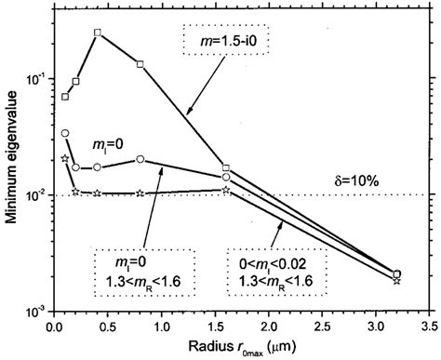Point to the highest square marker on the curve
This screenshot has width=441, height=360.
point(98,33)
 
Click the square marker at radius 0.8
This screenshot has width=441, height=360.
point(140,64)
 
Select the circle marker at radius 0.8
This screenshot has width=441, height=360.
point(140,159)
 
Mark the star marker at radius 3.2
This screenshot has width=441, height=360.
point(397,279)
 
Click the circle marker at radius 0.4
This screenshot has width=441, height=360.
point(98,167)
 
